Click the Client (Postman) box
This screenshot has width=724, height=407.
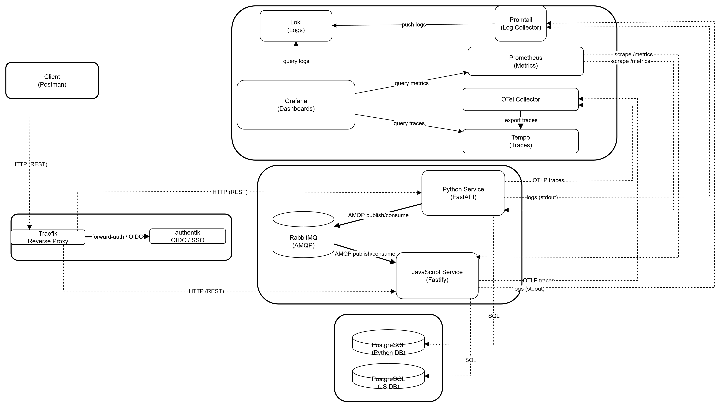52,80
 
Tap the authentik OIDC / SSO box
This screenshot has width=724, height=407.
187,236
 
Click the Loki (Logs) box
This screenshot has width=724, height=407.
296,26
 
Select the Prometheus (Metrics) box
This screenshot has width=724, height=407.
525,61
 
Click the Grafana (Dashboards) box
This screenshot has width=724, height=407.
296,105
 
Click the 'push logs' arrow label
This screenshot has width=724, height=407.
414,25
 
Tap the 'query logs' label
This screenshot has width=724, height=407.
296,61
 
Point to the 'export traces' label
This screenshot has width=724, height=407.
521,120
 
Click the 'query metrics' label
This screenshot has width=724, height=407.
411,83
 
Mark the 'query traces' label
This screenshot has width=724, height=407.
409,123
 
